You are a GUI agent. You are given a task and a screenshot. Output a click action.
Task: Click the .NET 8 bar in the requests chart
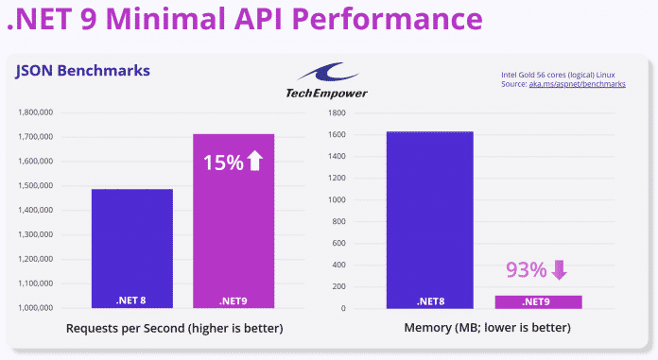pyautogui.click(x=131, y=248)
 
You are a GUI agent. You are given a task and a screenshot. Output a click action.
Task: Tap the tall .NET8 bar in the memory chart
pyautogui.click(x=429, y=219)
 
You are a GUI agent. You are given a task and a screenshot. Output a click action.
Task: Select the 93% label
pyautogui.click(x=526, y=270)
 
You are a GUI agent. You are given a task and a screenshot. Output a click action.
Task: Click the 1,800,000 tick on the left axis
pyautogui.click(x=41, y=112)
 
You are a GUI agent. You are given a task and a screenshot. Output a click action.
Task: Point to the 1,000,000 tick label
pyautogui.click(x=41, y=308)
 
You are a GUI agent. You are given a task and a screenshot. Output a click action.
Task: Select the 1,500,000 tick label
pyautogui.click(x=41, y=186)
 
